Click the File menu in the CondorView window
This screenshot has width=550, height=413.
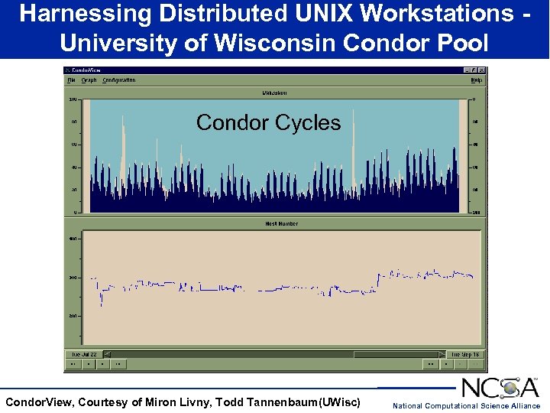[x=71, y=80]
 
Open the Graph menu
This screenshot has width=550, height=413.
[x=89, y=80]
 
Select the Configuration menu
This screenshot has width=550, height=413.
[x=119, y=80]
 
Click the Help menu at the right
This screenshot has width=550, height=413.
[x=476, y=80]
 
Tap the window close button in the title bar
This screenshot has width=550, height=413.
[x=481, y=70]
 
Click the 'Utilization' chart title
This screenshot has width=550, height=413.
[x=275, y=93]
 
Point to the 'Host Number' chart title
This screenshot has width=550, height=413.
[x=281, y=223]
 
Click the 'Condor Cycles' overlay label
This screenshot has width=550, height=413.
[x=268, y=122]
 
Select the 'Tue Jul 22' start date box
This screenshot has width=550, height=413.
[x=84, y=354]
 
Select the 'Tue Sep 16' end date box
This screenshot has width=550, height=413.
[x=465, y=354]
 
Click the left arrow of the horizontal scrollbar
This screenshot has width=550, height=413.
[x=107, y=354]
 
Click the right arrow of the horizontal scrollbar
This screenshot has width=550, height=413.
[x=441, y=354]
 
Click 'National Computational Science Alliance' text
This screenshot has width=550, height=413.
[x=466, y=405]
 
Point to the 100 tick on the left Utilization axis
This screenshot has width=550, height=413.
[x=73, y=99]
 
